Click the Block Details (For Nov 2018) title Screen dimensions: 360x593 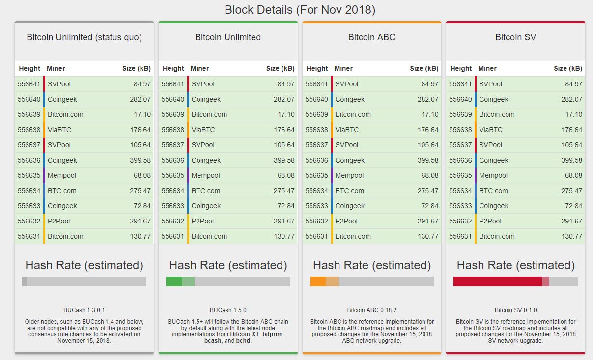tap(300, 10)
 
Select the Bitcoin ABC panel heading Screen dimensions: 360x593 tap(371, 37)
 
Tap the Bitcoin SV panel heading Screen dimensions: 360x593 tap(515, 37)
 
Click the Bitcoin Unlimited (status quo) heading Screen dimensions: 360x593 tap(84, 37)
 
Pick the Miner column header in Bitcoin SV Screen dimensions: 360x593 tap(487, 68)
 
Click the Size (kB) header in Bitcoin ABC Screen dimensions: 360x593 tap(424, 68)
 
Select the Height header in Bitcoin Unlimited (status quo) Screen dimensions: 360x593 tap(29, 68)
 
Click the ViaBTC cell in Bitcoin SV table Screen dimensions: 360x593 tap(491, 130)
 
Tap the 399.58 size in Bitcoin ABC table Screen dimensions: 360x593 tap(428, 160)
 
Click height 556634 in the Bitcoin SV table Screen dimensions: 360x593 tap(460, 191)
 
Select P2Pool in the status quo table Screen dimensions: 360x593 tap(59, 221)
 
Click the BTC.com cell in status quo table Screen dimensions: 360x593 tap(62, 191)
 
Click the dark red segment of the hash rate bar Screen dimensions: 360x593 tap(497, 281)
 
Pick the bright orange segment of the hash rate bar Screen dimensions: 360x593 tap(317, 281)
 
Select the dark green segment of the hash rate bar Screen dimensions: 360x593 tap(174, 281)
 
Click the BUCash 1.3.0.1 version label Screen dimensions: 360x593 tap(84, 310)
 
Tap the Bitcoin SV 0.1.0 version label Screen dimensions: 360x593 tap(515, 310)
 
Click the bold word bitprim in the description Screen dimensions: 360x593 tap(272, 334)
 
